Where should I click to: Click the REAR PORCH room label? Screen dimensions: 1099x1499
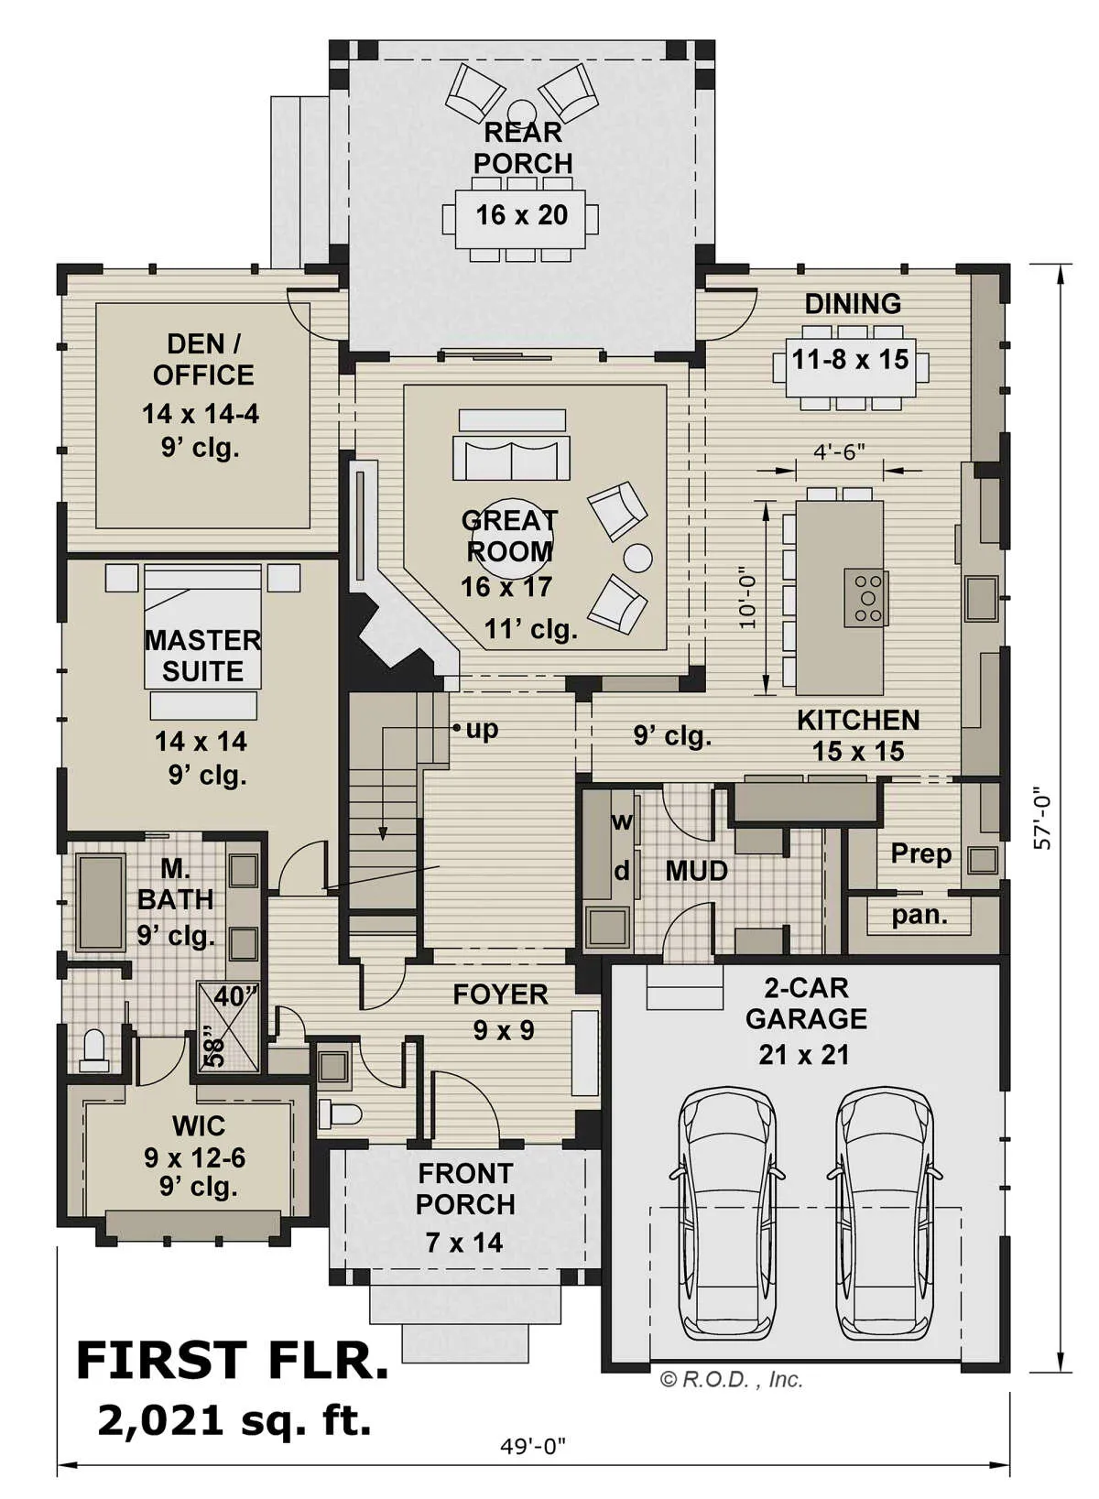point(523,148)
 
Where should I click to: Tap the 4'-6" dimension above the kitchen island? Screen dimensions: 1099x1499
point(839,451)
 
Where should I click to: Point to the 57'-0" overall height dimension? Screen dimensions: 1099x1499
point(1042,821)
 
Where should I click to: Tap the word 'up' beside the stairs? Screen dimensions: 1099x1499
point(482,729)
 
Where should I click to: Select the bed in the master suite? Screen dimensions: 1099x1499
point(202,626)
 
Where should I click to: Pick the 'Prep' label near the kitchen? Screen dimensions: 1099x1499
point(921,854)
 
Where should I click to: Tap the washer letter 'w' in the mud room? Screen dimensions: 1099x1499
point(622,821)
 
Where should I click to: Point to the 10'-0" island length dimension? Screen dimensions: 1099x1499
point(748,598)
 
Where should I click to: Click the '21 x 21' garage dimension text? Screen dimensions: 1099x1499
point(804,1055)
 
